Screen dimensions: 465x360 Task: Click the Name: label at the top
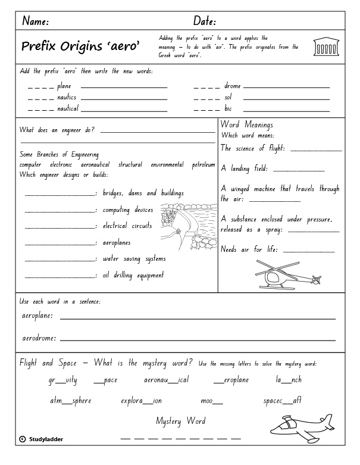[35, 21]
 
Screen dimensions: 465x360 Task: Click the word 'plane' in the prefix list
[64, 86]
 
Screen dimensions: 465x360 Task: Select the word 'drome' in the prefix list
[232, 86]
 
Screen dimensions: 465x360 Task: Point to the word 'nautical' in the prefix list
[67, 109]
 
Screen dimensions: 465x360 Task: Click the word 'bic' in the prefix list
[228, 109]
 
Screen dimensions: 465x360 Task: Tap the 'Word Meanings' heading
[246, 125]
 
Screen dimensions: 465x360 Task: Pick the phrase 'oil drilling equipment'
[133, 275]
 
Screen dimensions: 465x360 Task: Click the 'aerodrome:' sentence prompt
[39, 338]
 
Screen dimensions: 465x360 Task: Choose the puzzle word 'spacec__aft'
[282, 401]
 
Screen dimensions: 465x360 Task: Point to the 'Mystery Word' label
[181, 421]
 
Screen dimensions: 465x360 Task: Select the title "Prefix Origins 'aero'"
[80, 46]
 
